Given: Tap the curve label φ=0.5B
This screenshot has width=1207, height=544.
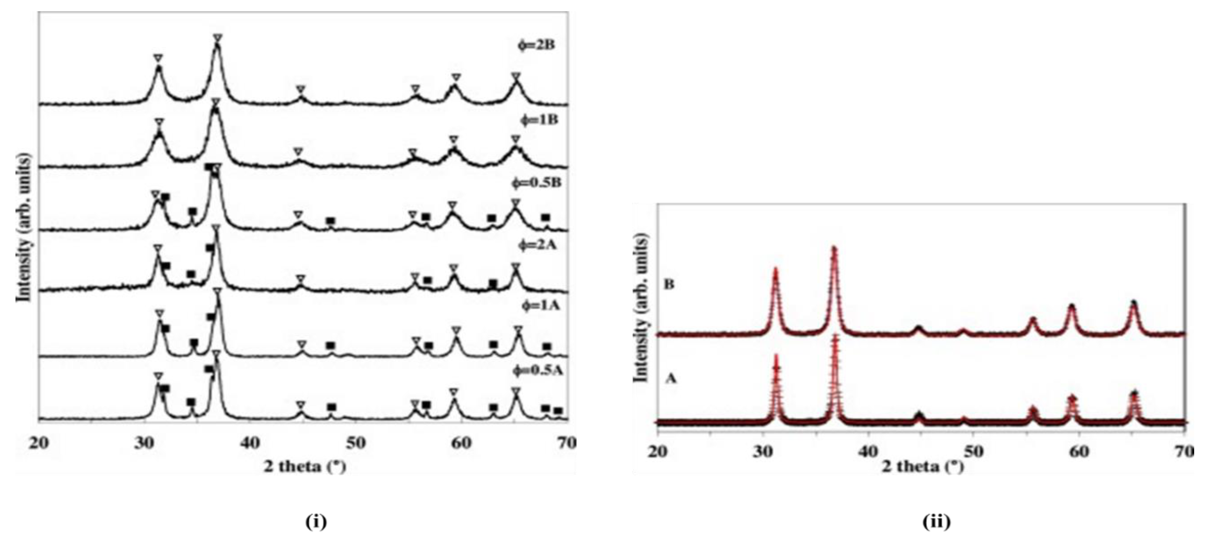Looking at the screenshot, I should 536,183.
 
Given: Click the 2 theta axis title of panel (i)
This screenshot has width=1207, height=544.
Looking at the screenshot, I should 304,467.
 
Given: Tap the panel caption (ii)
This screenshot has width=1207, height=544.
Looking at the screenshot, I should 936,521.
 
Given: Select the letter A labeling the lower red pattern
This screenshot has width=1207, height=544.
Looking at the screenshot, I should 671,378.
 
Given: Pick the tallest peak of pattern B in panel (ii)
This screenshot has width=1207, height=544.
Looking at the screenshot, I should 834,248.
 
